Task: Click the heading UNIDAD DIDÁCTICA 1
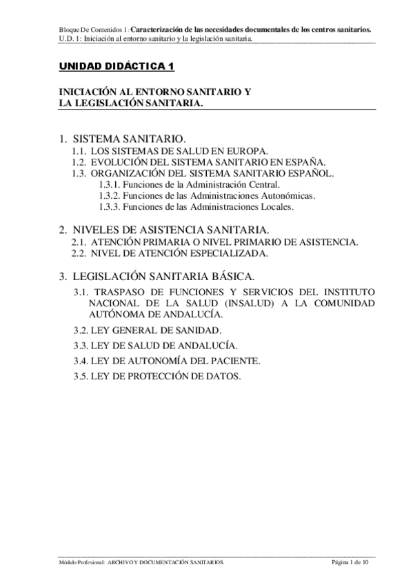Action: coord(115,67)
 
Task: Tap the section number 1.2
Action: coord(79,161)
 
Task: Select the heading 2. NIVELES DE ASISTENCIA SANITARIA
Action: coord(163,229)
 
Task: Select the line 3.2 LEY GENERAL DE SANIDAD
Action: coord(148,330)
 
